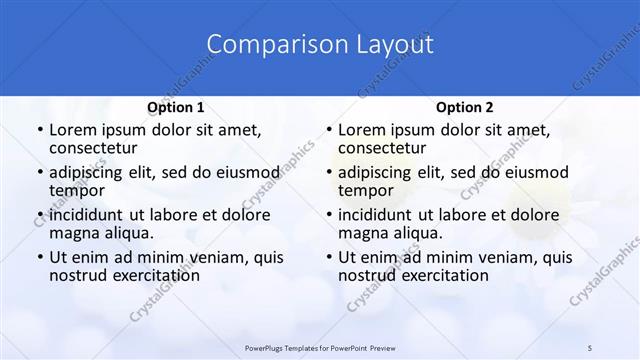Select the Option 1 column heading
pos(176,107)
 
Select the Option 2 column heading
pos(465,107)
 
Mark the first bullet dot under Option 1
pos(39,130)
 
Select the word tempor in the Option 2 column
pos(366,190)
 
